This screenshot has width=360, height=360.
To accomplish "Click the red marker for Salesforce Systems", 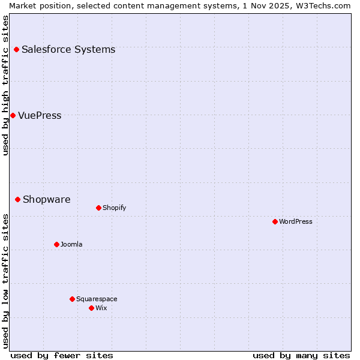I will click(x=16, y=49).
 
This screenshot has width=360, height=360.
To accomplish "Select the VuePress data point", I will click(x=13, y=115).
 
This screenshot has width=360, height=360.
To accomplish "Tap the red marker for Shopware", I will click(x=17, y=199).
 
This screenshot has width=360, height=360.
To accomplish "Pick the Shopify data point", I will click(x=98, y=208).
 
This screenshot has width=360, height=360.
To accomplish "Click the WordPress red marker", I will click(x=275, y=221).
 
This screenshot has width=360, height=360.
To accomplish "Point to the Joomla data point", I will click(x=56, y=244).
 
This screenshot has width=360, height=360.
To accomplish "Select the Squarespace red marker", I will click(x=72, y=299).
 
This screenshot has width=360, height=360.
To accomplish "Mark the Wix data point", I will click(x=91, y=308).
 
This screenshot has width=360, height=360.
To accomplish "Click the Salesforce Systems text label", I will click(x=68, y=49).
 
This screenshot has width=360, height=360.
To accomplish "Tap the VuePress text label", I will click(x=40, y=115).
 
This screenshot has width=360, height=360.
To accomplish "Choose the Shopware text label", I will click(x=46, y=199).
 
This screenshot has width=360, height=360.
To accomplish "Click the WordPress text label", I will click(x=296, y=221).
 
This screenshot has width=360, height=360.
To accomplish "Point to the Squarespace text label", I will click(x=97, y=299).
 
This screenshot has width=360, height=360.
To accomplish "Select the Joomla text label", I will click(x=71, y=244).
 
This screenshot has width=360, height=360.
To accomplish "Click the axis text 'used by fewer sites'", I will click(x=62, y=355).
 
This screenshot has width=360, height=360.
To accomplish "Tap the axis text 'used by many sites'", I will click(x=301, y=355).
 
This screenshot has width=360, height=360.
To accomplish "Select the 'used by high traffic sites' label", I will click(x=5, y=85).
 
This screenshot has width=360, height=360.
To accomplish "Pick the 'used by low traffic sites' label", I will click(x=5, y=281).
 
